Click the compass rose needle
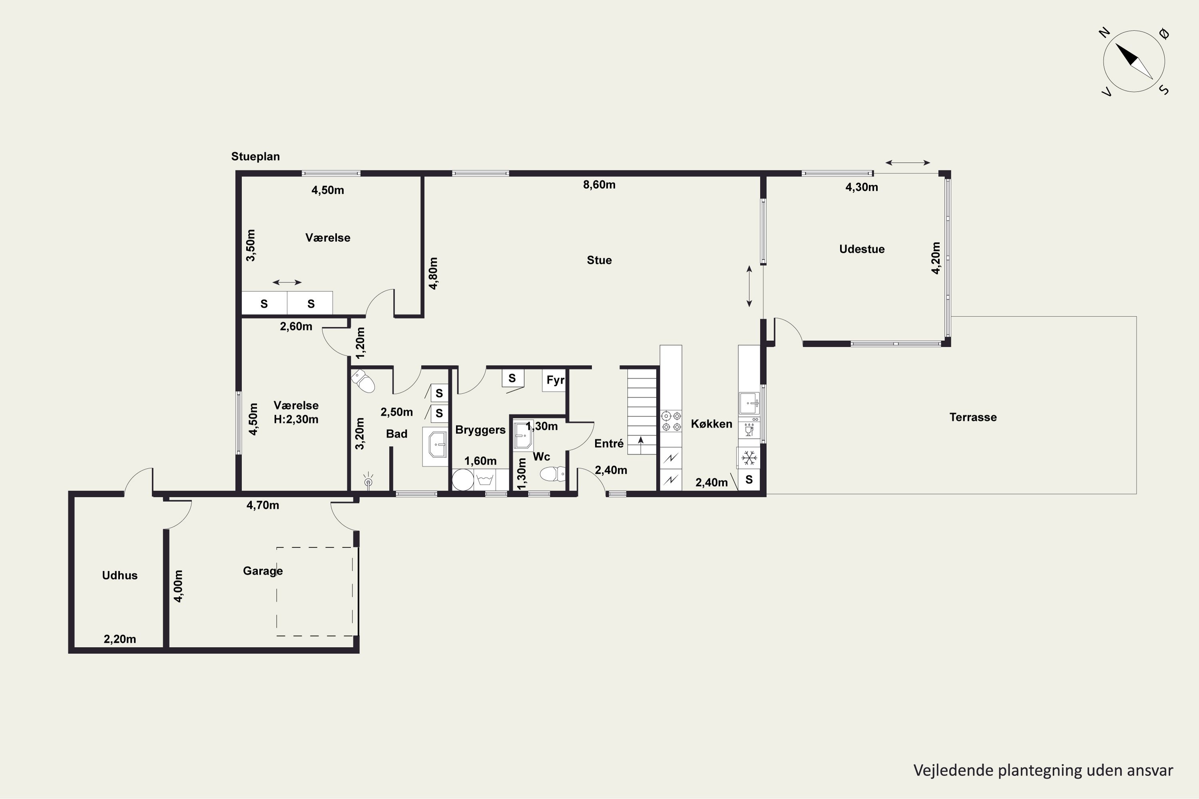click(x=1134, y=61)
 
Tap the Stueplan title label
click(x=255, y=157)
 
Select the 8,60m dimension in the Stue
click(x=599, y=185)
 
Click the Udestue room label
click(x=862, y=249)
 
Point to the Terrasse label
click(x=973, y=417)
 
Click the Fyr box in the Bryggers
click(x=554, y=380)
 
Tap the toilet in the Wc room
click(x=552, y=474)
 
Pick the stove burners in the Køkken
click(x=671, y=421)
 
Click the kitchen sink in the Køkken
click(x=749, y=403)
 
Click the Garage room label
click(x=263, y=571)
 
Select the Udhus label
click(x=120, y=575)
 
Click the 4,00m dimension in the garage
click(x=178, y=586)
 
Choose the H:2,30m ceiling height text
click(x=296, y=419)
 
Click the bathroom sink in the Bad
click(x=436, y=446)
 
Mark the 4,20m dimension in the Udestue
click(x=936, y=258)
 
